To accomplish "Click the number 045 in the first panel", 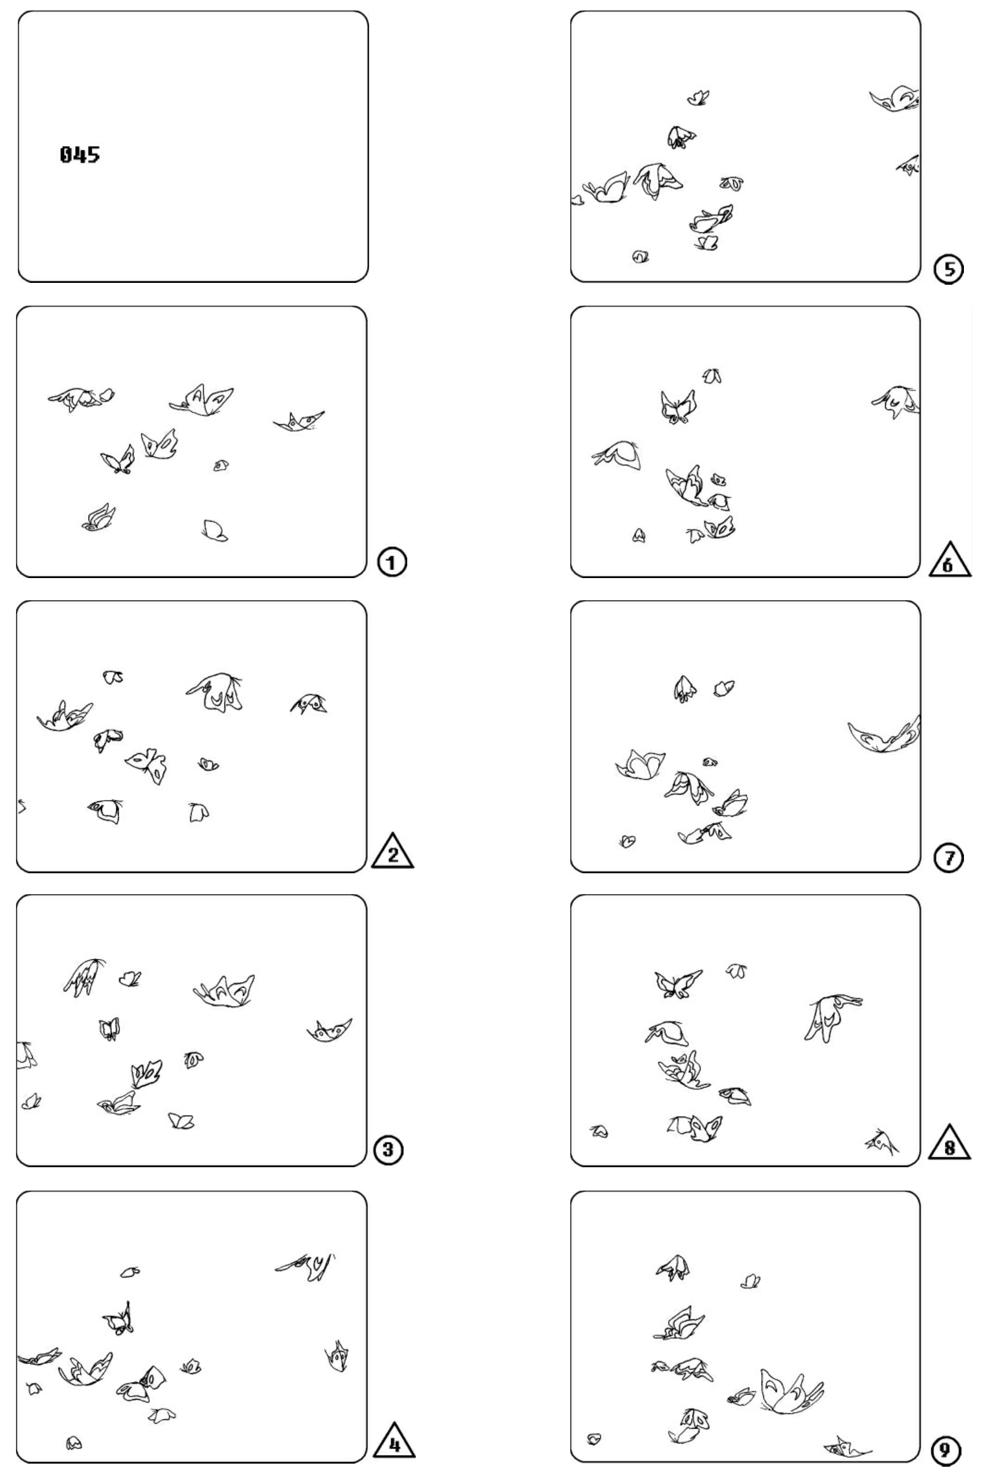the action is click(x=79, y=155).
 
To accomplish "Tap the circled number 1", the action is click(x=392, y=562).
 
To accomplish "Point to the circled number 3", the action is click(x=388, y=1150).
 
